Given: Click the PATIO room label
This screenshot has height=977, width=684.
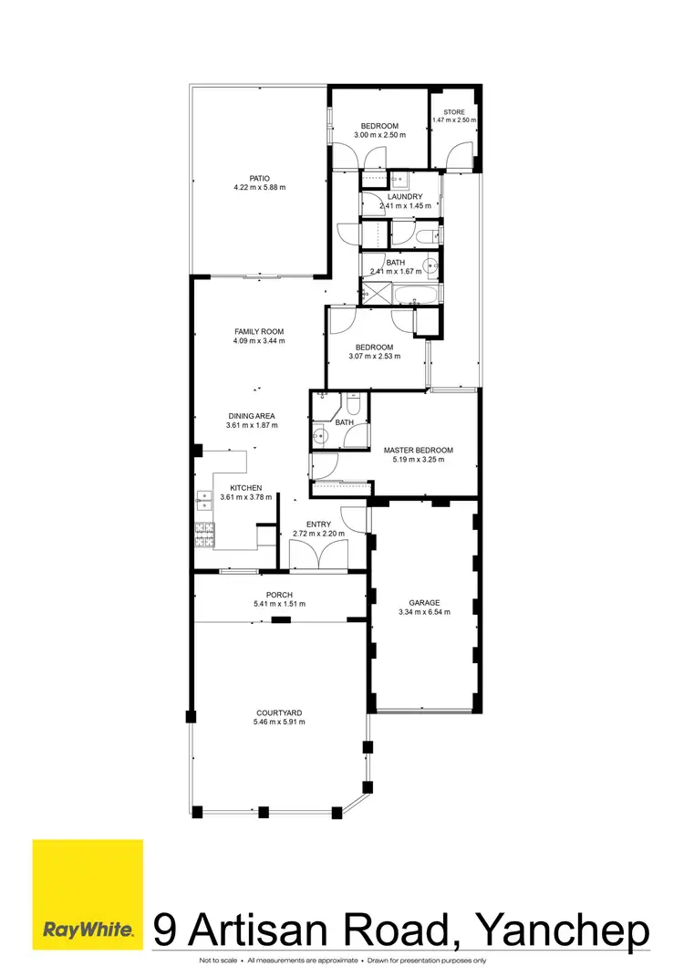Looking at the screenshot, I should point(259,179).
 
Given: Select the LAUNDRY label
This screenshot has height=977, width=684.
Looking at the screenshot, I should point(404,197).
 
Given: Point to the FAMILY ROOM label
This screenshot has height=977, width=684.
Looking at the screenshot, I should point(259,331).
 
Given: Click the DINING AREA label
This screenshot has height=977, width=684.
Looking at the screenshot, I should point(252,416).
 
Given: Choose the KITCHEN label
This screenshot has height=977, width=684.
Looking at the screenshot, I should point(246,488).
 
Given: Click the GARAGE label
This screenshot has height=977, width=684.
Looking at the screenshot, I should point(424,603).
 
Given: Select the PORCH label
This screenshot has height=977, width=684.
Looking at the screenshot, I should point(278,595).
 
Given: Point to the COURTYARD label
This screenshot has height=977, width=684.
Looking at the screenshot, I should point(279,712).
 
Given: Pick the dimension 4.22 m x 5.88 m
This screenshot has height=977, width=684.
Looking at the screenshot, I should point(259,189).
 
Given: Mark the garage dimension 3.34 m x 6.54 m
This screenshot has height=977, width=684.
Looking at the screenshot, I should point(424,613).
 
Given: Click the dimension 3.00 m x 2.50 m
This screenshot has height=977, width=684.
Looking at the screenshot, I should point(379,135).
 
